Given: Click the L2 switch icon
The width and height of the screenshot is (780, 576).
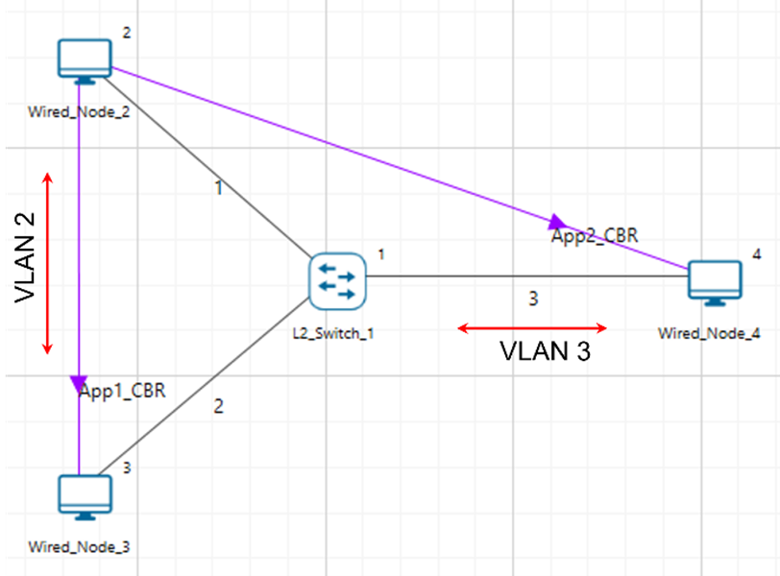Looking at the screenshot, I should (337, 282).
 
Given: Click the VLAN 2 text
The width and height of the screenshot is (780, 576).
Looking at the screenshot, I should (28, 256).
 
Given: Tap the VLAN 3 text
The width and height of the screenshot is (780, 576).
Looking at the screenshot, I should (546, 351).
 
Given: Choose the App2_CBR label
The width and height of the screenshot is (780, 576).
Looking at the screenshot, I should (595, 234).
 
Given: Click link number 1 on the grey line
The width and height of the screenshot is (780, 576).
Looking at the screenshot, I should (218, 187).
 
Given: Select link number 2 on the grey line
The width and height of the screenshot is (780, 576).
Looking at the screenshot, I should (218, 406).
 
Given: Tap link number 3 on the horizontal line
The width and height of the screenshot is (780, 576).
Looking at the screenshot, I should (533, 299).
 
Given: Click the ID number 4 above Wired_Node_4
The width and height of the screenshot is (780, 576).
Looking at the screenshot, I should (756, 254).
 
